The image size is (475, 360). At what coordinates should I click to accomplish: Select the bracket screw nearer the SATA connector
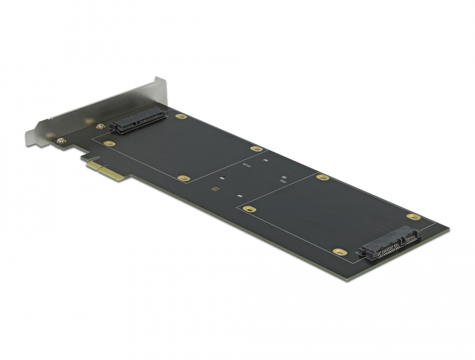pos(100,127)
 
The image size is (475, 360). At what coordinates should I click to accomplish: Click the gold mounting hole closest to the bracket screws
pos(109,144)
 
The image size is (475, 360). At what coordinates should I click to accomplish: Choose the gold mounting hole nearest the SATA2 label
pos(256,148)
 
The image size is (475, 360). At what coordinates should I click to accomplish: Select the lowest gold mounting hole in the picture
pos(341,252)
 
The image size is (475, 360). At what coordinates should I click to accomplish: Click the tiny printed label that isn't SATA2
pos(282,182)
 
